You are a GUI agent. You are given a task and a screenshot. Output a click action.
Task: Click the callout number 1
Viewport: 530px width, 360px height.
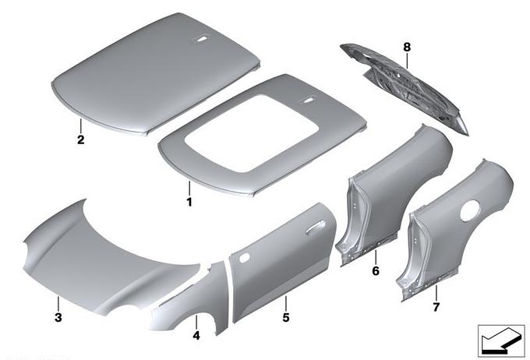coord(189,202)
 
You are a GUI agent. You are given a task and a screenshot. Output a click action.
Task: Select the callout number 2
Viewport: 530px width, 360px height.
coord(81,139)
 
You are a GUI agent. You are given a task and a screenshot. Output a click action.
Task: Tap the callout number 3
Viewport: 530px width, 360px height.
coord(58,318)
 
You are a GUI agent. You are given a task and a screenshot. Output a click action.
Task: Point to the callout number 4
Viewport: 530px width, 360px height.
coord(196,336)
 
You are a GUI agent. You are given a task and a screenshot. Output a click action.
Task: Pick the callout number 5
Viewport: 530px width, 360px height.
coord(286,318)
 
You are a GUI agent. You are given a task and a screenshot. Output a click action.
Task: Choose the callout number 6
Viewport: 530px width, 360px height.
coord(376,270)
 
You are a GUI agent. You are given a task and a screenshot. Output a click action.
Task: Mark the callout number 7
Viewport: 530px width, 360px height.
coord(436,307)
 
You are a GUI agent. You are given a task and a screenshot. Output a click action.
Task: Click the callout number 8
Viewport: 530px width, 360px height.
coord(407,47)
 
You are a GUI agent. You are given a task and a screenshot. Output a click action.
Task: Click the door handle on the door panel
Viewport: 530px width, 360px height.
coord(316,227)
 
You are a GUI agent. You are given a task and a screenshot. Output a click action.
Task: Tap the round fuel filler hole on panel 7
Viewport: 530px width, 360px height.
coord(470,210)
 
